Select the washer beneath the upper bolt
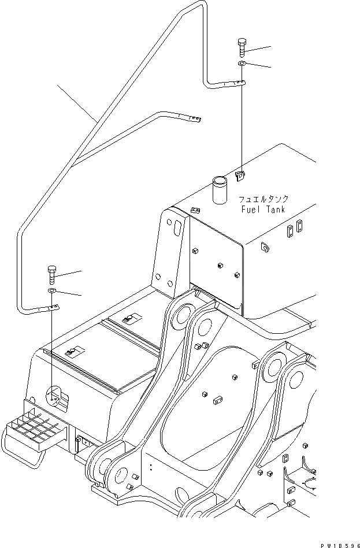(242, 63)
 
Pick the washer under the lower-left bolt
(51, 290)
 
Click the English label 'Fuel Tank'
(263, 210)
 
